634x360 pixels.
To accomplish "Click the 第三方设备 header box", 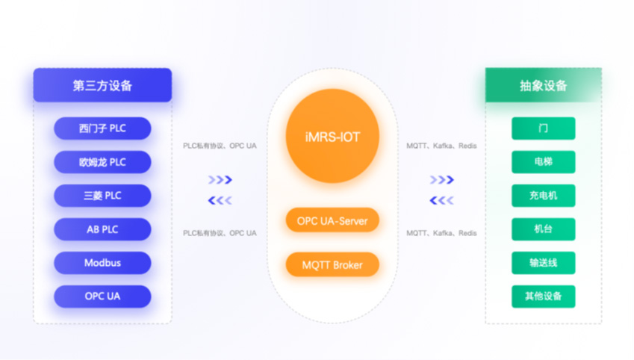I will click(x=102, y=85).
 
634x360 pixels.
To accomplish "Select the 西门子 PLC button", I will click(x=102, y=128).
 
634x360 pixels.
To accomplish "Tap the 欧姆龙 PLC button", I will click(x=102, y=162).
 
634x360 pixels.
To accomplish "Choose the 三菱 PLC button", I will click(x=102, y=196).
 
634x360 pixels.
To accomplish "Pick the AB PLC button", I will click(x=102, y=229).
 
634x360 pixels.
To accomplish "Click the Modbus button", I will click(x=102, y=263).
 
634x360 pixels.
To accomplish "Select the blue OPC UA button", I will click(x=102, y=297).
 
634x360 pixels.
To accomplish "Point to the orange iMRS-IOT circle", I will click(x=332, y=137).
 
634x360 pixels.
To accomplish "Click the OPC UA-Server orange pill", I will click(x=332, y=221).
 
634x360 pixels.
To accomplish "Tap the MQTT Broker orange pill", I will click(x=332, y=264).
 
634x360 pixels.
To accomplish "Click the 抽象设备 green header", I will click(x=543, y=85).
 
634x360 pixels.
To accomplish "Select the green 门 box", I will click(x=543, y=128).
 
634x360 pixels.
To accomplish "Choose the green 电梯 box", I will click(x=543, y=162).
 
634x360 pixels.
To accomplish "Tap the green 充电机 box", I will click(x=543, y=196).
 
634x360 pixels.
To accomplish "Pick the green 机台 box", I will click(x=543, y=229).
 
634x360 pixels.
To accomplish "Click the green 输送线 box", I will click(x=543, y=263).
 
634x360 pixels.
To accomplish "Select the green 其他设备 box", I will click(x=543, y=297).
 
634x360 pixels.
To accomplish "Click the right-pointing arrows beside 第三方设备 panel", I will click(x=220, y=180).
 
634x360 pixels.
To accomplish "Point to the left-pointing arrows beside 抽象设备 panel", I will click(x=441, y=200).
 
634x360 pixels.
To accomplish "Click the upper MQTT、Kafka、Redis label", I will click(x=441, y=146).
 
